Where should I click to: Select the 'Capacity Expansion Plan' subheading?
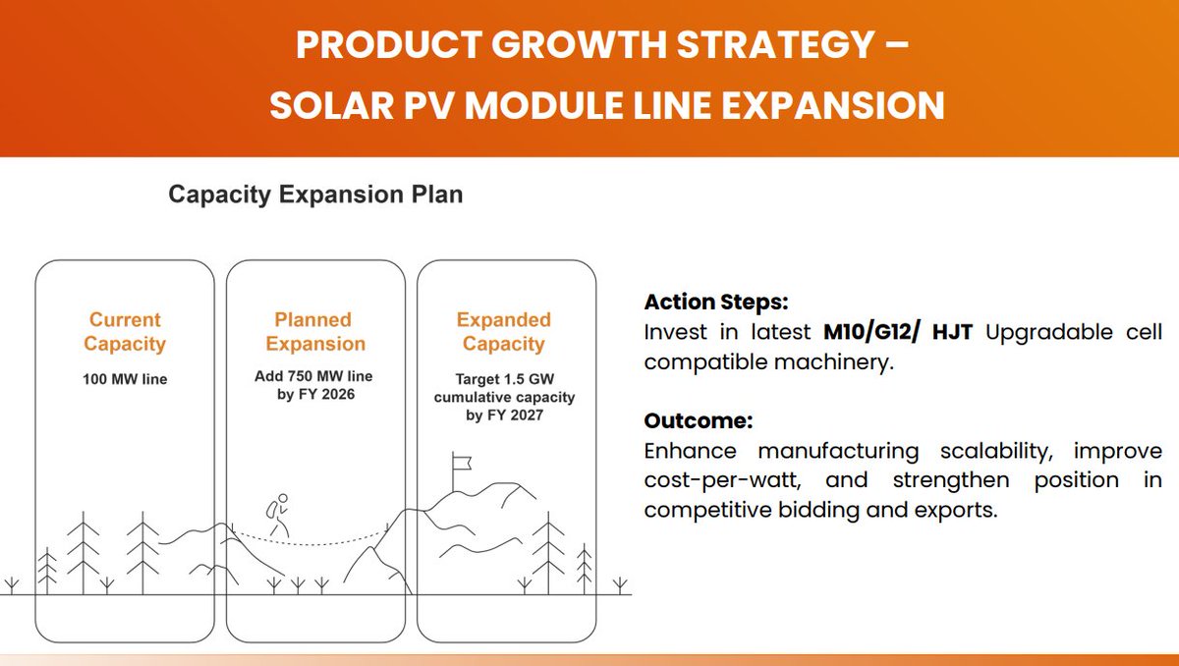[315, 194]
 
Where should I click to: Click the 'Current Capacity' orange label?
[125, 332]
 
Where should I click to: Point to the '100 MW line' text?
[125, 379]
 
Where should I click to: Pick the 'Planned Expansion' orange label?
[313, 332]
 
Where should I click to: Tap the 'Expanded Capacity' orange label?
[504, 332]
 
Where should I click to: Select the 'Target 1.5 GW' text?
[504, 379]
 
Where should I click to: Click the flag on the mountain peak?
[459, 462]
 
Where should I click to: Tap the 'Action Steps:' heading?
[716, 303]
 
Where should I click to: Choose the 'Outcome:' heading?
[698, 421]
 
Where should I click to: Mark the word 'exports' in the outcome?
[952, 511]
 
